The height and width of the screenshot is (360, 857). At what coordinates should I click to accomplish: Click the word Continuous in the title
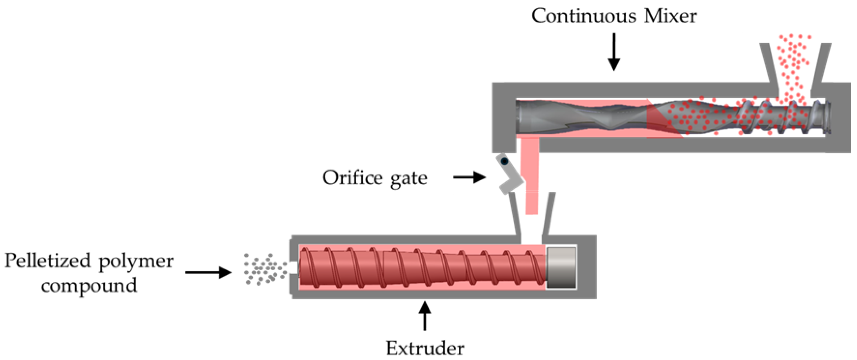coord(584,16)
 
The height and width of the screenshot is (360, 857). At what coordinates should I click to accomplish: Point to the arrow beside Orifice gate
coord(469,177)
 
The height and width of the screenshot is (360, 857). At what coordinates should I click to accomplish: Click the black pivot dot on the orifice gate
coord(504,162)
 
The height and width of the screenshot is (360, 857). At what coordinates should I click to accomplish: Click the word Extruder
coord(425,348)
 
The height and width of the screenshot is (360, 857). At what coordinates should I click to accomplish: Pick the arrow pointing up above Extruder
coord(425,316)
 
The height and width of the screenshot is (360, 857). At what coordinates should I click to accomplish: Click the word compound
coord(89,285)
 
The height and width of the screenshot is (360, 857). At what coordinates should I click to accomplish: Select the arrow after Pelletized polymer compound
coord(208,273)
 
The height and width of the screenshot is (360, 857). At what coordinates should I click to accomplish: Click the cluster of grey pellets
coord(264,269)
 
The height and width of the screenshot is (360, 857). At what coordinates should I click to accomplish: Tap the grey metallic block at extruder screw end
coord(561,268)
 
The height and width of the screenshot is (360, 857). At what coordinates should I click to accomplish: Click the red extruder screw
coord(422,268)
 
